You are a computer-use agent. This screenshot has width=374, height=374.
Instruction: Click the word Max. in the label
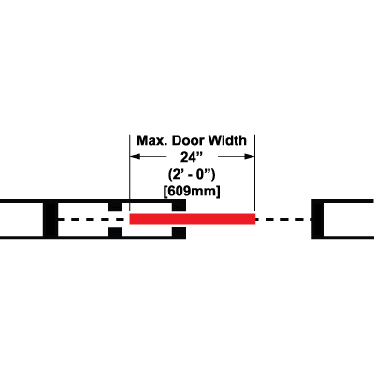pos(152,140)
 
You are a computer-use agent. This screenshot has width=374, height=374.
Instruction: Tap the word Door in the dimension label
pos(188,140)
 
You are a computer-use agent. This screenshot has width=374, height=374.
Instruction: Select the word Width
pos(227,140)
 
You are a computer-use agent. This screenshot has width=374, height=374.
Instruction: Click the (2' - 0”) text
pos(192,174)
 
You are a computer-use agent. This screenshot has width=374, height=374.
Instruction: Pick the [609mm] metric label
pos(192,191)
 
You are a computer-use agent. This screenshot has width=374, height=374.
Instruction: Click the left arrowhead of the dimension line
pos(136,156)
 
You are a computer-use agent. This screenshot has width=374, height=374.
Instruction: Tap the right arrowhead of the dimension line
pos(250,156)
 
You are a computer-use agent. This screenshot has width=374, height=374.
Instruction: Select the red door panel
pos(193,219)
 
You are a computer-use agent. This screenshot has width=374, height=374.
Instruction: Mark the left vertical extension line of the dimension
pos(130,174)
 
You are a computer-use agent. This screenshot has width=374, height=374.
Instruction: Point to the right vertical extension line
pos(255,174)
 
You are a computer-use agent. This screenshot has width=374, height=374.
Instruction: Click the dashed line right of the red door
pos(283,219)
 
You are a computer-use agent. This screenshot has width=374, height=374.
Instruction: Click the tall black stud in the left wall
pos(50,219)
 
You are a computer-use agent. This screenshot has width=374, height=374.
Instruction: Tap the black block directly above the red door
pos(180,206)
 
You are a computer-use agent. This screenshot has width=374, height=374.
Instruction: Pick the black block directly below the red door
pos(180,234)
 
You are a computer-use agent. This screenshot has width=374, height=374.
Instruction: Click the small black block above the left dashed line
pos(115,207)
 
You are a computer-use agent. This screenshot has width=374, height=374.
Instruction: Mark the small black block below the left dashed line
pos(115,232)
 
